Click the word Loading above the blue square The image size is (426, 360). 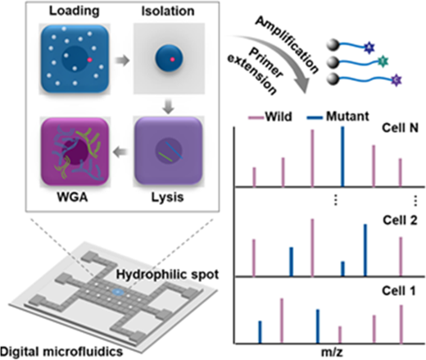click(74, 11)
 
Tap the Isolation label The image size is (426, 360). click(168, 11)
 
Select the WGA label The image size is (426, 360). click(72, 197)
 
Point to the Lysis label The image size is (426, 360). click(167, 198)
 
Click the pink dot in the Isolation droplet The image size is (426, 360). click(172, 59)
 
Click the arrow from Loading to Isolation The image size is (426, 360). click(122, 61)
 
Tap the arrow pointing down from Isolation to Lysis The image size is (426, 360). click(168, 107)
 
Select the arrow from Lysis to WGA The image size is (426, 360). click(120, 152)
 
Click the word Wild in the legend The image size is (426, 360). click(279, 116)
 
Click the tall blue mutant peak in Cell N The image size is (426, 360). click(342, 157)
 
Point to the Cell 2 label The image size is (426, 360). click(400, 220)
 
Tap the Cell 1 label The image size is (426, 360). click(399, 290)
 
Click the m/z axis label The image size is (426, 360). click(332, 352)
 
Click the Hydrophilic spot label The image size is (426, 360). click(167, 275)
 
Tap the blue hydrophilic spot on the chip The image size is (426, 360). click(118, 293)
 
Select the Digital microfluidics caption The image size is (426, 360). click(61, 352)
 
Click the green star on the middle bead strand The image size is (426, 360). click(383, 61)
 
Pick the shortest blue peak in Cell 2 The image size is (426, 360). click(342, 269)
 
